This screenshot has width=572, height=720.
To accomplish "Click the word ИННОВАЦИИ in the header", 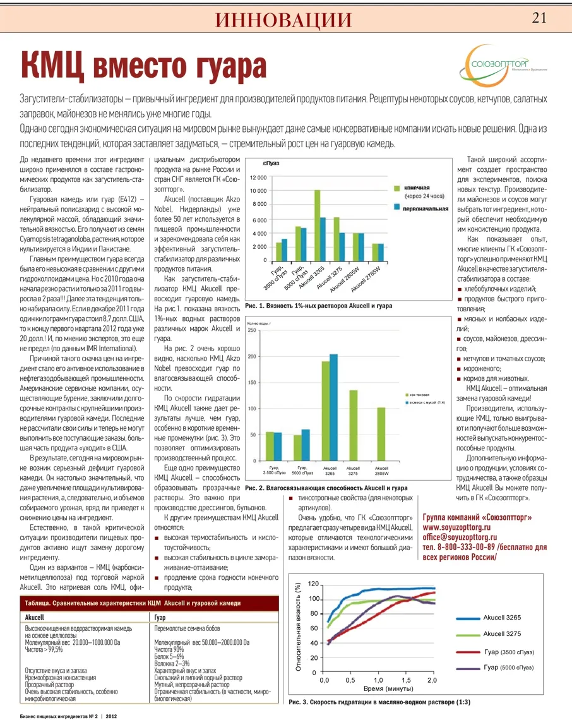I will (283, 20).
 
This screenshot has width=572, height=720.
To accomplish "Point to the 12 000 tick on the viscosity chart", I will (258, 178).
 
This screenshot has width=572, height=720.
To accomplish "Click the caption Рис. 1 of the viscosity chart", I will (318, 306).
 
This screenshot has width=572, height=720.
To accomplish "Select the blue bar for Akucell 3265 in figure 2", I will (333, 407).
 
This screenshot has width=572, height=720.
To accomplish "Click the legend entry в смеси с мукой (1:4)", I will (427, 402).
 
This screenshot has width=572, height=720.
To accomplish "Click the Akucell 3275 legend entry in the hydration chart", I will (502, 634).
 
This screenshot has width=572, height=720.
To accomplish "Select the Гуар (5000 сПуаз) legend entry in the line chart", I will (508, 668).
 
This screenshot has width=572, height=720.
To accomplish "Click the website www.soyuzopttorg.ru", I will (456, 527).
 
